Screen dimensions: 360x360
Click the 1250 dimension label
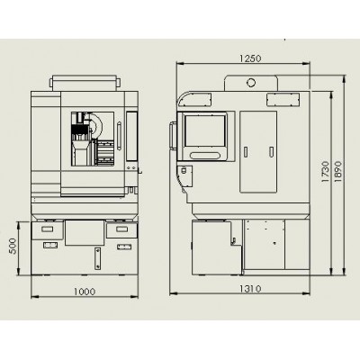coord(250,58)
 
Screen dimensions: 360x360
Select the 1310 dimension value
coord(250,289)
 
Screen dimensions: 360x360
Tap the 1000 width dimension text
coord(85,292)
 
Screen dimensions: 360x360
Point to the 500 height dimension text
coord(13,246)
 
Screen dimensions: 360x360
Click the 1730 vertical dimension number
coord(326,172)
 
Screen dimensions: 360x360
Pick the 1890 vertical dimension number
coord(338,172)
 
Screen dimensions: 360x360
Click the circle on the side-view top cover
coord(251,83)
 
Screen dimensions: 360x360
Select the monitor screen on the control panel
coord(205,131)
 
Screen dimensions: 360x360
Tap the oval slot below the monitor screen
coord(205,156)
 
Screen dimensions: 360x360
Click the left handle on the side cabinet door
coord(246,152)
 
